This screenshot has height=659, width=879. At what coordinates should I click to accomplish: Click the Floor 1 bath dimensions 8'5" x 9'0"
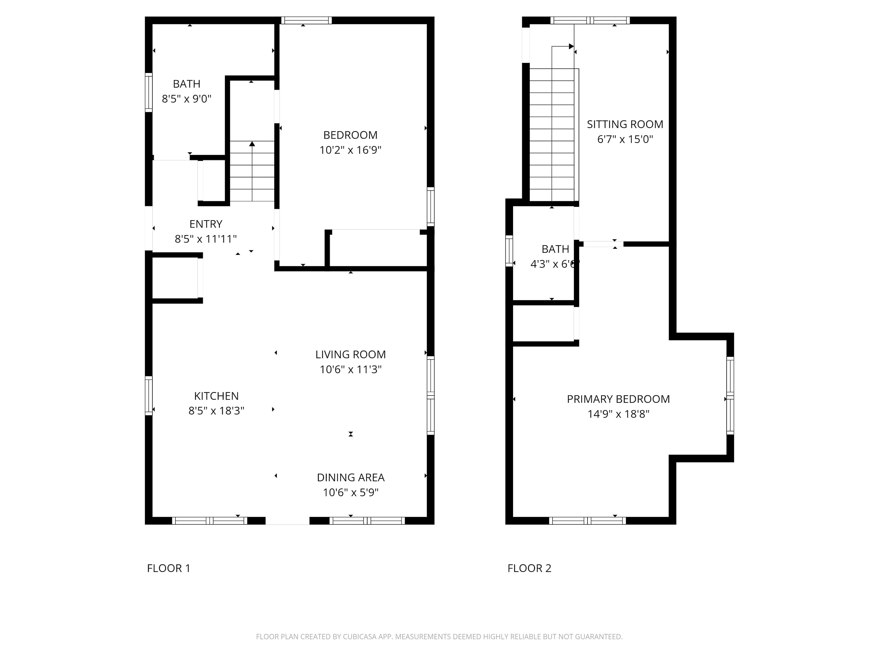(186, 98)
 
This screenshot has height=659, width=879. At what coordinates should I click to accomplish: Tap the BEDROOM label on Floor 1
(350, 135)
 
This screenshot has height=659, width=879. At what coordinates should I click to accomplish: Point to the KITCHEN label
(216, 396)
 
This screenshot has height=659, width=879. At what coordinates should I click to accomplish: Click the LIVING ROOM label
(350, 354)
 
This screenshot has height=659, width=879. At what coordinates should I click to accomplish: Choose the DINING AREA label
(350, 477)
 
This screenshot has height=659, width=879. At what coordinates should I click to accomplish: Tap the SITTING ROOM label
(625, 124)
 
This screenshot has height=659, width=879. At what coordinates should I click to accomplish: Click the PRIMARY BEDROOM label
(618, 399)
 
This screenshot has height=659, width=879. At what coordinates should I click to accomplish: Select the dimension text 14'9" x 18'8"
(618, 414)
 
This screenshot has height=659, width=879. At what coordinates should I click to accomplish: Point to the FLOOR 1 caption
(168, 568)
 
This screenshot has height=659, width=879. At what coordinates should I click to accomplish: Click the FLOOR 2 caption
(529, 568)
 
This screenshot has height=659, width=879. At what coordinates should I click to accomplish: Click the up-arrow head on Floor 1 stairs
(252, 144)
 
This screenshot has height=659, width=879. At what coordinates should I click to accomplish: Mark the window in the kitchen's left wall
(149, 396)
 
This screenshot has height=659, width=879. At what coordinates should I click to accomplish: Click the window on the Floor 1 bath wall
(149, 93)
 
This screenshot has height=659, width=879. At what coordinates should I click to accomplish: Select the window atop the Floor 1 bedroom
(306, 20)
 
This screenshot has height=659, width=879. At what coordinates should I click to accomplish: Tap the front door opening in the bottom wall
(287, 521)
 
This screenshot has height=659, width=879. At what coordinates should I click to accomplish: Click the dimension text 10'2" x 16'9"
(350, 150)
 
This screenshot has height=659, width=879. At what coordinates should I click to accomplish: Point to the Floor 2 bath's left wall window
(509, 251)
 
